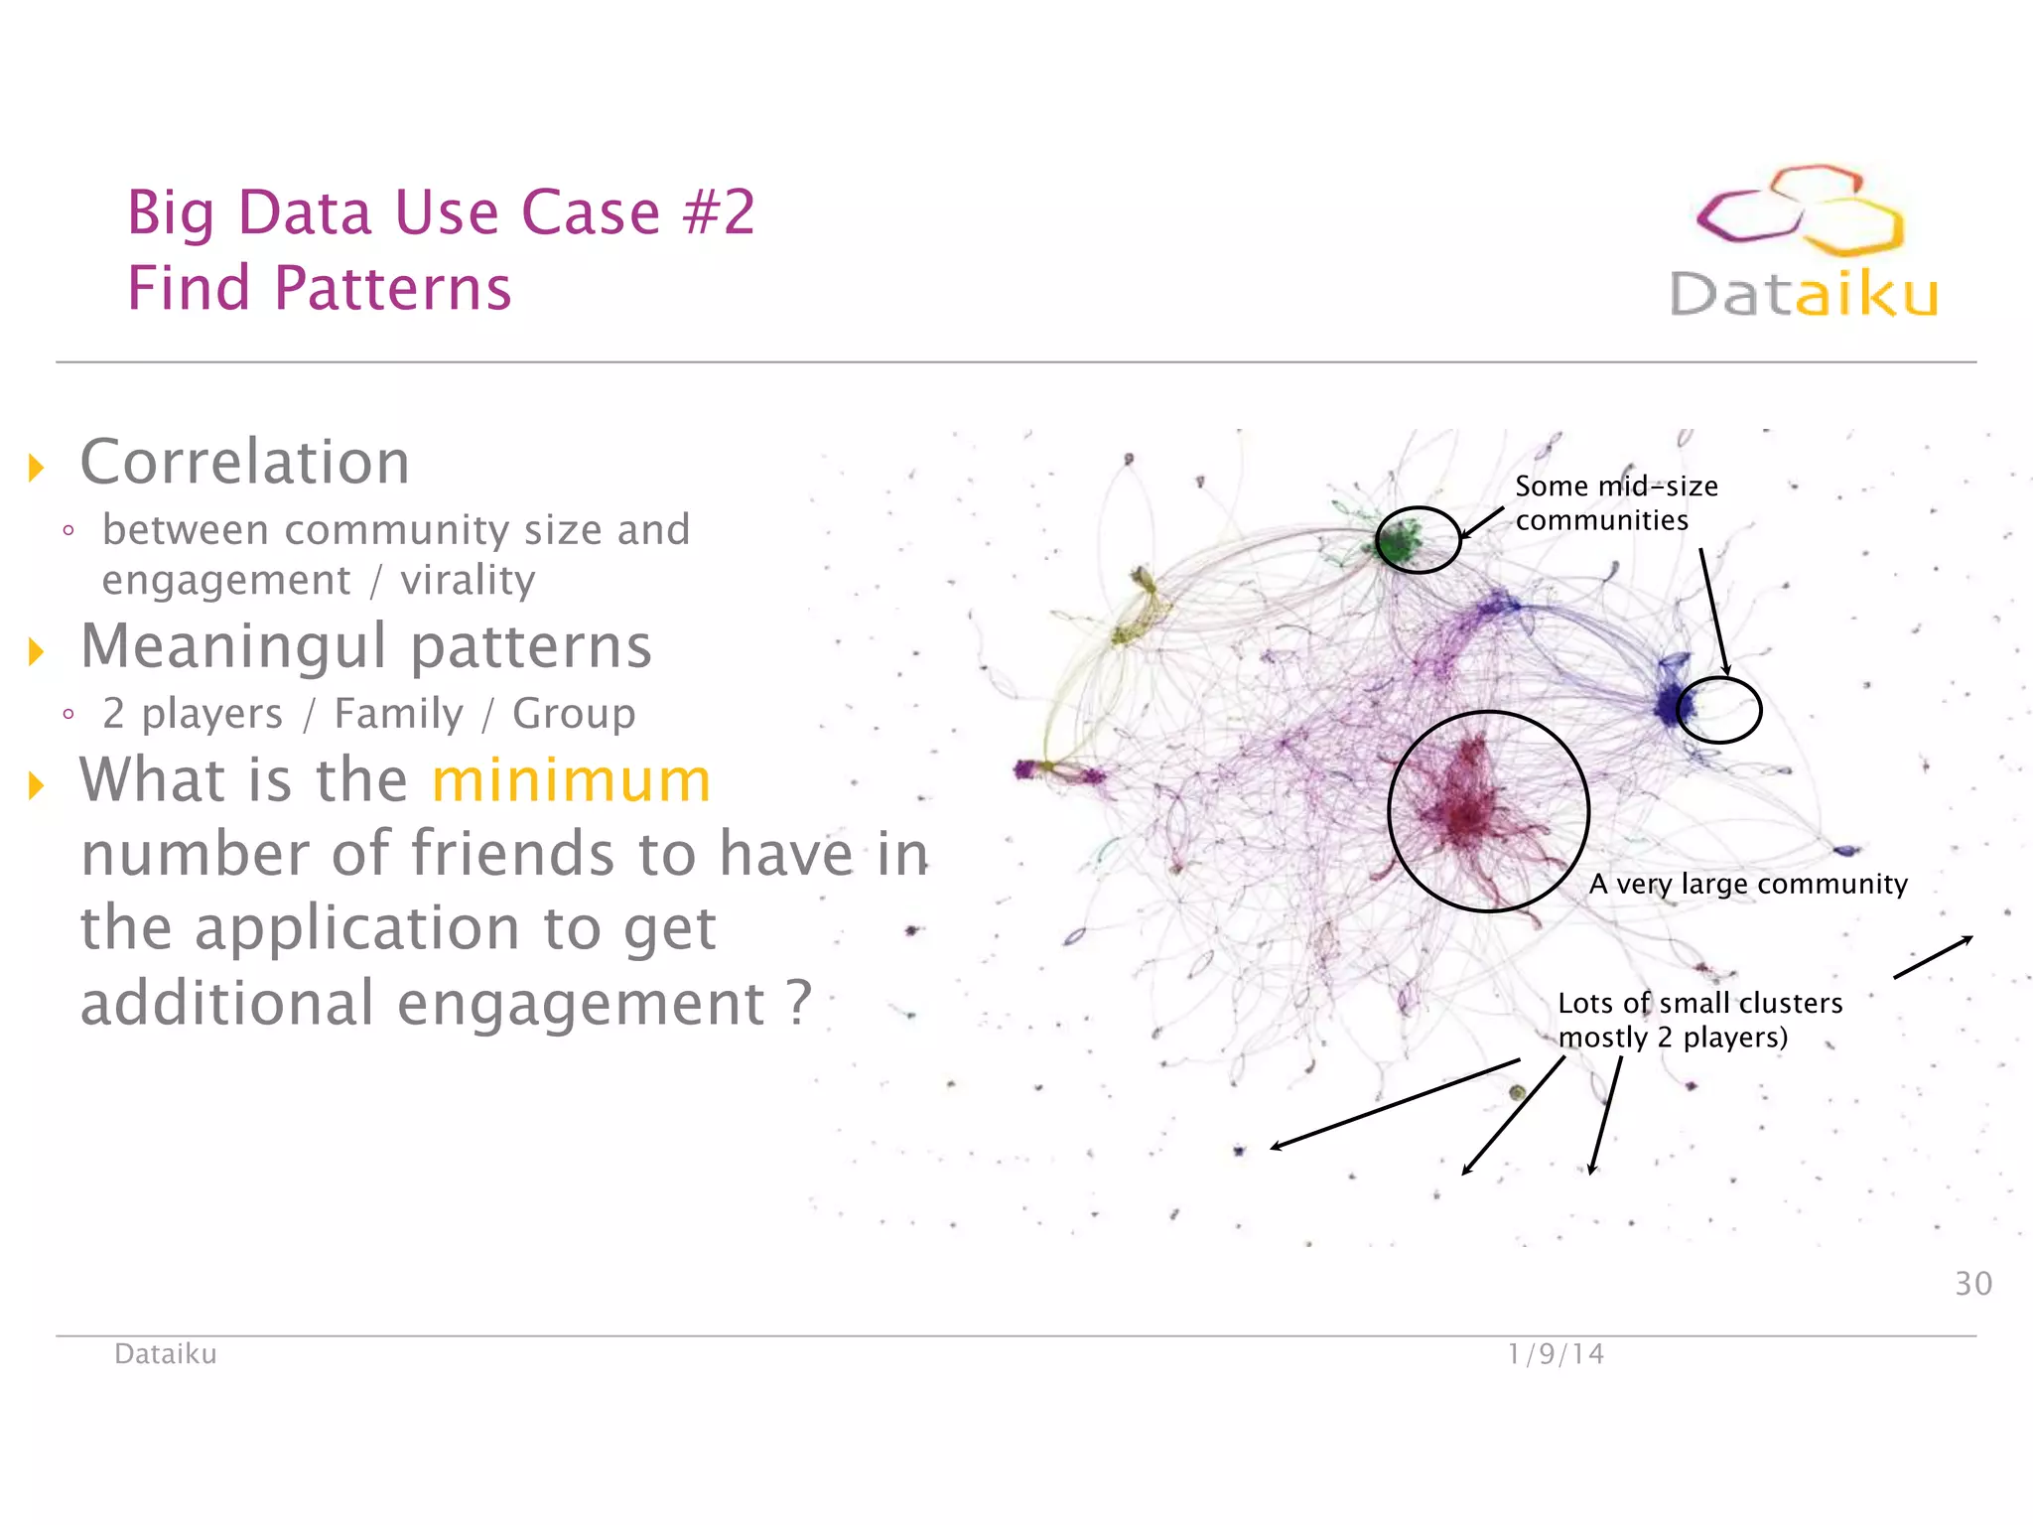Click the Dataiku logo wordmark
(x=1803, y=295)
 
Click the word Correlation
(x=244, y=463)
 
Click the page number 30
(x=1972, y=1284)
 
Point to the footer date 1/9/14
(x=1556, y=1354)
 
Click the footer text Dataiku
(x=165, y=1354)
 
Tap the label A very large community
(x=1748, y=884)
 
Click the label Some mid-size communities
(x=1615, y=503)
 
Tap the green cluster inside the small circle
(x=1401, y=542)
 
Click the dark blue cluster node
(x=1672, y=703)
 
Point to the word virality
(x=468, y=581)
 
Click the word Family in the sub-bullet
(x=398, y=714)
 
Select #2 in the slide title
(x=720, y=212)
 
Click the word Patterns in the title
(x=392, y=288)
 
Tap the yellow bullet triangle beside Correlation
(x=37, y=468)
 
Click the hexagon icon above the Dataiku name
(x=1800, y=209)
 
